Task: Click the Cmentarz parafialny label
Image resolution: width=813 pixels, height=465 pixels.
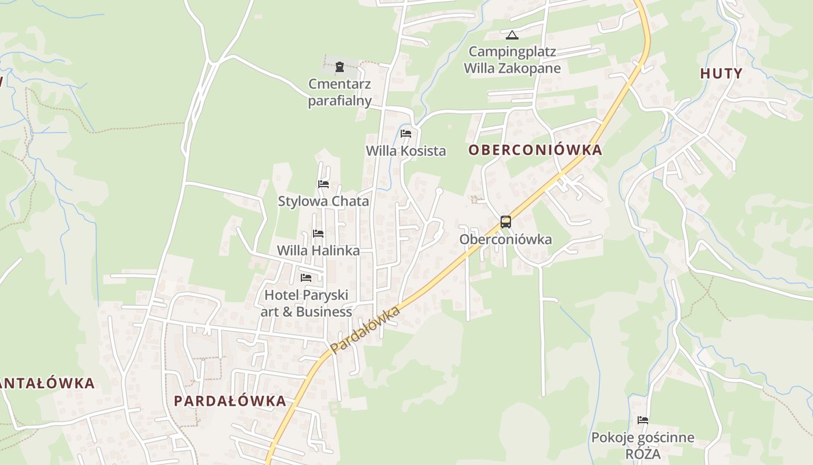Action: click(x=340, y=92)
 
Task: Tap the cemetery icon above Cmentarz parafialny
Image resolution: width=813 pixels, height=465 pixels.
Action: click(x=340, y=67)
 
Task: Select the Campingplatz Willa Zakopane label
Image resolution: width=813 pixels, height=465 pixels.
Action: click(x=512, y=60)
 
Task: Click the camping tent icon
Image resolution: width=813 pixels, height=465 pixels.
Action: click(x=512, y=35)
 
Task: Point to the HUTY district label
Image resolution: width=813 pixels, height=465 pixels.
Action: click(x=721, y=73)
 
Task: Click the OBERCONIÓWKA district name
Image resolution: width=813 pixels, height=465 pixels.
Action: click(x=535, y=150)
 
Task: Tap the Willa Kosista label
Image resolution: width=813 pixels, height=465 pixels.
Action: click(x=406, y=151)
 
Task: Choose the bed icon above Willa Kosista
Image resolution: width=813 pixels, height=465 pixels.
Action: click(x=406, y=134)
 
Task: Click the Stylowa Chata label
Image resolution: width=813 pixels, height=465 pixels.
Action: click(x=323, y=202)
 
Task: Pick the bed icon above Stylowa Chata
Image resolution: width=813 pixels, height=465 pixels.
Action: click(x=323, y=184)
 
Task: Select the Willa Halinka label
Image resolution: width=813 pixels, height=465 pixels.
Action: click(x=318, y=251)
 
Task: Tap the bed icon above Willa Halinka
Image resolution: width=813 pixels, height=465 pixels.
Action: click(x=318, y=234)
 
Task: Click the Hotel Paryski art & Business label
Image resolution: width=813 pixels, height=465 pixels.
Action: click(x=306, y=303)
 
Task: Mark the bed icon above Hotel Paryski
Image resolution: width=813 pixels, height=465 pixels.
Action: click(x=306, y=278)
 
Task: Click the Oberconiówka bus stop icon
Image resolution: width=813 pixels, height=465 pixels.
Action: click(x=505, y=222)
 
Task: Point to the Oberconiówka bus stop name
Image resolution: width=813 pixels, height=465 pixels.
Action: click(x=505, y=239)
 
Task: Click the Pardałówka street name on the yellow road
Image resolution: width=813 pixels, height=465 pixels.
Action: click(x=366, y=330)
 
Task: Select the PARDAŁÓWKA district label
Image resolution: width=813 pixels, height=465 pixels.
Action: click(x=230, y=401)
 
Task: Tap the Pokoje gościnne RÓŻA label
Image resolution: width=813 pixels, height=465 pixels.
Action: click(x=642, y=445)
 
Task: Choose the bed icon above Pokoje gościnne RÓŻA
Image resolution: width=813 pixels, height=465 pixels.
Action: click(x=642, y=420)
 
